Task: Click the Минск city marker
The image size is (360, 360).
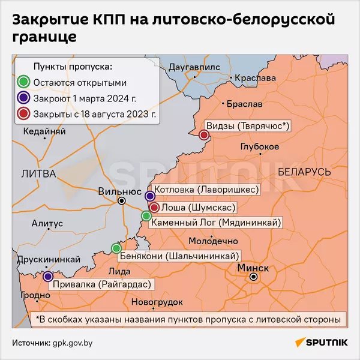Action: (x=254, y=277)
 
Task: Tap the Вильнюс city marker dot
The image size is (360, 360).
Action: (x=122, y=201)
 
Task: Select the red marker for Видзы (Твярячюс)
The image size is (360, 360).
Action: (x=203, y=135)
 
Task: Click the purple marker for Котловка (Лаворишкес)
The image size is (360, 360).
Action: (x=150, y=196)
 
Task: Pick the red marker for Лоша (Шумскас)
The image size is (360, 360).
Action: (x=154, y=208)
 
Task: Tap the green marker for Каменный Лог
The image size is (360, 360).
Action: (x=146, y=216)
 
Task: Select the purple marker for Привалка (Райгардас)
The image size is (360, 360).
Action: (x=48, y=277)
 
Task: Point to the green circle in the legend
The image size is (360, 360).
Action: (x=23, y=82)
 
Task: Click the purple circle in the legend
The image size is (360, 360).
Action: (x=23, y=97)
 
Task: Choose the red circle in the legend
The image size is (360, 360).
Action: (x=23, y=113)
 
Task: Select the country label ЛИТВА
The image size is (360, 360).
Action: (x=38, y=173)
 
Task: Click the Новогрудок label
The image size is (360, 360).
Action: (x=158, y=301)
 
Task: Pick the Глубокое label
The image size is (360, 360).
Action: (x=259, y=147)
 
